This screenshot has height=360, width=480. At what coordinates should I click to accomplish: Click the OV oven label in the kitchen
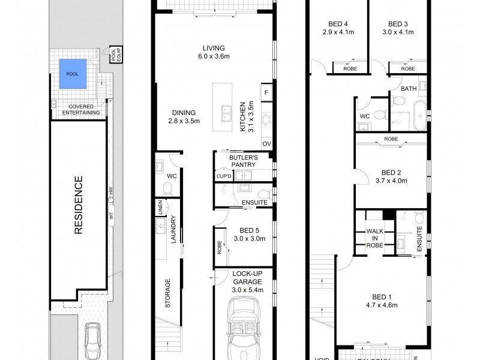pos(266,144)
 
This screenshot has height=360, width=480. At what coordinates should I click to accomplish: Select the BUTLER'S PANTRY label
pos(243,160)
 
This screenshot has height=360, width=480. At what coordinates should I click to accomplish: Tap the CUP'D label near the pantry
pos(223,176)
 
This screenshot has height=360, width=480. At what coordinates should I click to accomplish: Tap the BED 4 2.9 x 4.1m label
pos(335,28)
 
